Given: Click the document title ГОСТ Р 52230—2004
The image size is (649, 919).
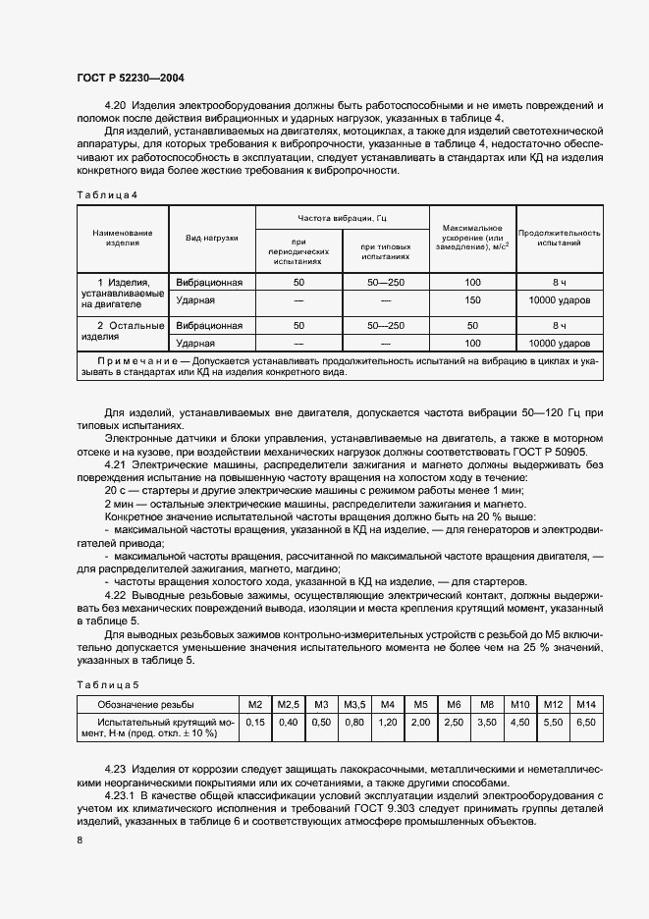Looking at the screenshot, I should (x=131, y=77).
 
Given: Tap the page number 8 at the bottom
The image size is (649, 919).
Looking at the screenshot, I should (x=79, y=839).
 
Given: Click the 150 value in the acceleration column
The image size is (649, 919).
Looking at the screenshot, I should (x=472, y=300).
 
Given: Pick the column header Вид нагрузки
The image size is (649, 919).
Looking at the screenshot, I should (x=212, y=239).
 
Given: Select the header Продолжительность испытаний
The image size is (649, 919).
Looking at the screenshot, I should (x=559, y=239).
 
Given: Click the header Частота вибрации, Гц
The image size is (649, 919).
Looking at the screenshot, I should (x=342, y=217).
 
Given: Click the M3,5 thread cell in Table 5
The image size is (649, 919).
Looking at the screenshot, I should (x=353, y=705).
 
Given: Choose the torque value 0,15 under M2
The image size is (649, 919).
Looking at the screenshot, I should (x=255, y=722).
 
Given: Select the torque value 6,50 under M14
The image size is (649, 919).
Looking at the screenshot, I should (x=586, y=722).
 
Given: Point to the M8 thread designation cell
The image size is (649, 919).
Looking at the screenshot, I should (x=486, y=705).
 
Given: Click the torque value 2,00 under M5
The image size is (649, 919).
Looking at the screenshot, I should (x=420, y=722).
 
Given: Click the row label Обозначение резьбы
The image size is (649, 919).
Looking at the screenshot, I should (x=144, y=705).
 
